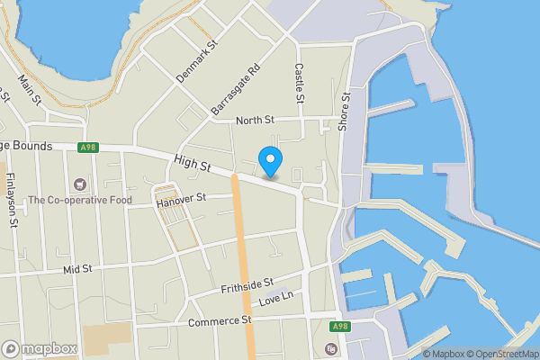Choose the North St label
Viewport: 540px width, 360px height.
coord(254,121)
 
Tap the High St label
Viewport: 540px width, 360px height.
coord(193,164)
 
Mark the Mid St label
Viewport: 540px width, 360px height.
coord(78,269)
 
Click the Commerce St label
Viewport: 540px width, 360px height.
coord(220,320)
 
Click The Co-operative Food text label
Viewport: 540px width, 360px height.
coord(80,200)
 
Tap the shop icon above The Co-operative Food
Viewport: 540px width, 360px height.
coord(80,184)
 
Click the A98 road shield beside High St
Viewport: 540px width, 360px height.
coord(87,148)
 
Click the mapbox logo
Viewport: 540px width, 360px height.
coord(40,348)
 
